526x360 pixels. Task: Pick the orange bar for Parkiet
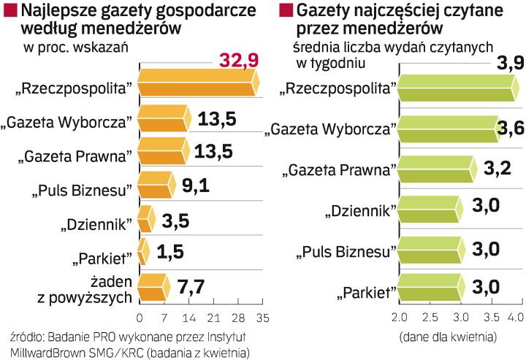point(143,252)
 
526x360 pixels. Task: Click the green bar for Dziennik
point(430,212)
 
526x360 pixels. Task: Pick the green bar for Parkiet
point(430,291)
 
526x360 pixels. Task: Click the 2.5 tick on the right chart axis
point(429,318)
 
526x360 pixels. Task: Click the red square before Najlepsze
point(9,11)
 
